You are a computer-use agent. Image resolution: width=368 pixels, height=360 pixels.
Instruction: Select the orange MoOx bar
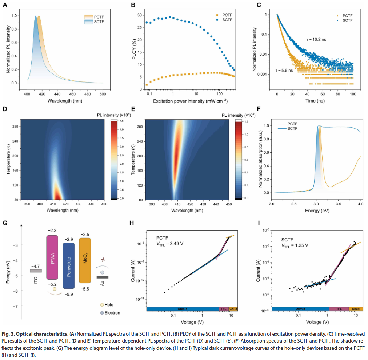click(x=85, y=260)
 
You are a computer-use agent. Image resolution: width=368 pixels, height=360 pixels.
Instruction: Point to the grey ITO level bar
click(x=36, y=271)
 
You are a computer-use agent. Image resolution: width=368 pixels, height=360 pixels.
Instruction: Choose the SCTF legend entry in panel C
click(x=347, y=20)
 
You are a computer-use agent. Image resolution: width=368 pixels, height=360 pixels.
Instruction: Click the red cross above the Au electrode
click(x=103, y=260)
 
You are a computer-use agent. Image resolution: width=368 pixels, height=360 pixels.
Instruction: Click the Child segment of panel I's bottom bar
click(x=355, y=309)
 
